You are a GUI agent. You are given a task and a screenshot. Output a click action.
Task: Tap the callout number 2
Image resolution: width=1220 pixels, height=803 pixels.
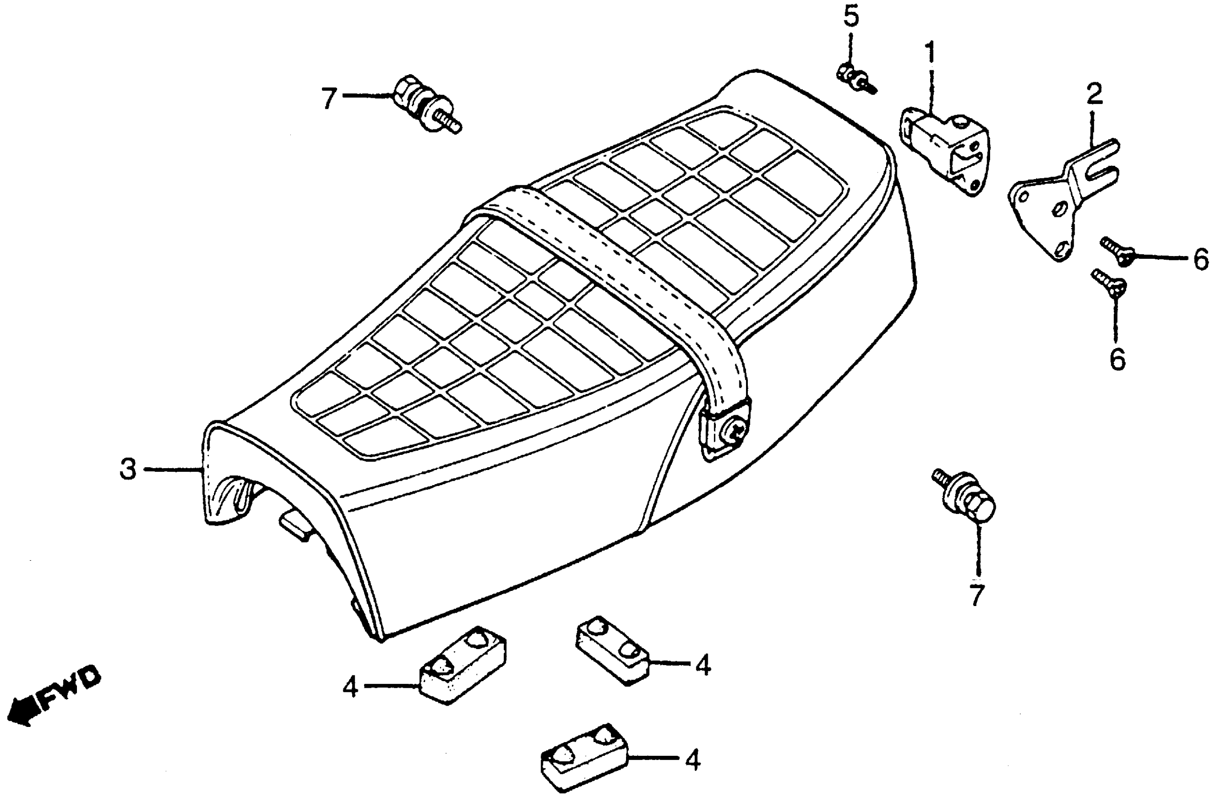pos(1093,94)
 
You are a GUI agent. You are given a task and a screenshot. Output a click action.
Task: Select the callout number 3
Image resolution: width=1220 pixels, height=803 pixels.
pos(127,469)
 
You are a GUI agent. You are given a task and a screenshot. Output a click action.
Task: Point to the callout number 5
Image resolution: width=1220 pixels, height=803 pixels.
pos(850,17)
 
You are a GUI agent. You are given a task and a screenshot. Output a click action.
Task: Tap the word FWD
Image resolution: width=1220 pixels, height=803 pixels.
pos(69,688)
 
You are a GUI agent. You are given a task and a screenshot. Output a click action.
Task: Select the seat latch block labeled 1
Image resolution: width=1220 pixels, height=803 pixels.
pos(946,149)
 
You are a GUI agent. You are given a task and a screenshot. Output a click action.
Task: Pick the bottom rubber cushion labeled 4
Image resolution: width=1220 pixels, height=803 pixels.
pos(585,757)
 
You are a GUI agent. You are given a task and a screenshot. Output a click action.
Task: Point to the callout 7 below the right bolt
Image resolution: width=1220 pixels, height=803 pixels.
pos(977,596)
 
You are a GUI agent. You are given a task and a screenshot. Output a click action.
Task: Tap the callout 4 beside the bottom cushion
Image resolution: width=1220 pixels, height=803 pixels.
pos(693,761)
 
